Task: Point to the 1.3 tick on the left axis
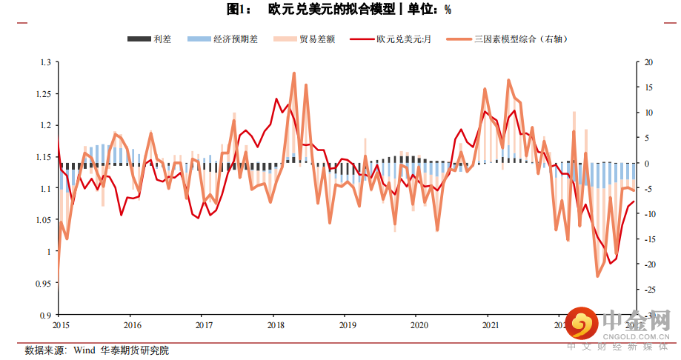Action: (46, 63)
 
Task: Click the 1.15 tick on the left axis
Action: (44, 157)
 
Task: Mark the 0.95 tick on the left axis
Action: (44, 283)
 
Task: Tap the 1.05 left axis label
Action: (44, 220)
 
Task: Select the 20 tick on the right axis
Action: (649, 63)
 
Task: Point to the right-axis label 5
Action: (647, 139)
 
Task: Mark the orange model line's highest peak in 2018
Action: (294, 73)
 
